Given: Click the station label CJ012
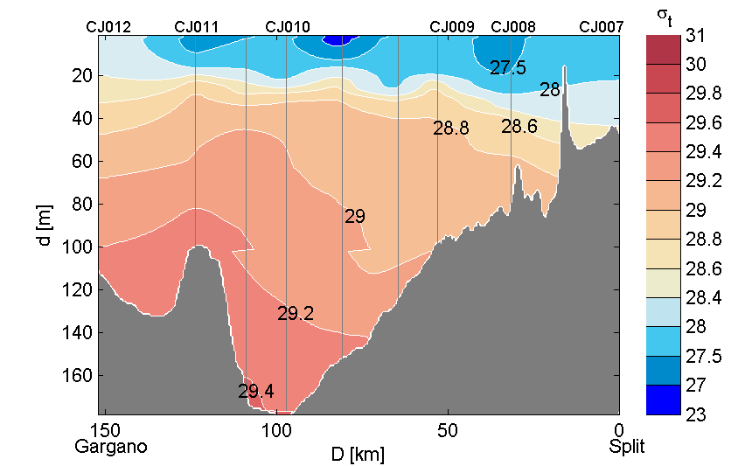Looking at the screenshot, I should pyautogui.click(x=108, y=27).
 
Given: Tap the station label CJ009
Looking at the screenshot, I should pyautogui.click(x=452, y=27).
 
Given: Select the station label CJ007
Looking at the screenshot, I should pyautogui.click(x=602, y=27).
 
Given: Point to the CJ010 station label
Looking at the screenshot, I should pyautogui.click(x=287, y=27).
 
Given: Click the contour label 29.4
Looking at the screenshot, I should pyautogui.click(x=256, y=392).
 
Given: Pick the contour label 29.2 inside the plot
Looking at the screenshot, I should pyautogui.click(x=296, y=314).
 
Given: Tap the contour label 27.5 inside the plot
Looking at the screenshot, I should pyautogui.click(x=508, y=68).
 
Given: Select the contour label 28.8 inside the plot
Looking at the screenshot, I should pyautogui.click(x=451, y=129).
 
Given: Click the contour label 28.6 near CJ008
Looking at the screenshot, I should pyautogui.click(x=519, y=127).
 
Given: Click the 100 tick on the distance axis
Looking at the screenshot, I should pyautogui.click(x=277, y=430).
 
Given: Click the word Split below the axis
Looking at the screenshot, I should pyautogui.click(x=627, y=447).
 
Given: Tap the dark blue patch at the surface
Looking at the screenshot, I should pyautogui.click(x=339, y=40).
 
